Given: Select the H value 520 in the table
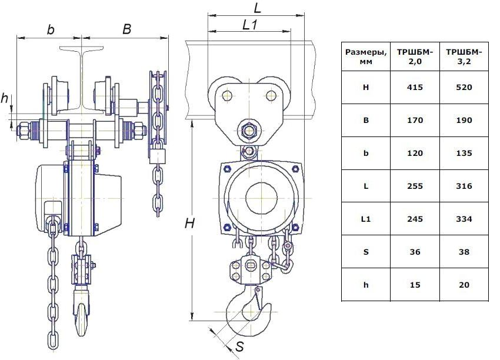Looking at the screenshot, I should (464, 88).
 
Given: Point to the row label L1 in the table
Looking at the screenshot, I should (366, 219).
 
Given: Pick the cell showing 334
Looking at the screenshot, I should (464, 219).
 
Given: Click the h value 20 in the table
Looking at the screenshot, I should (464, 285).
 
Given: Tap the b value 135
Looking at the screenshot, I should (464, 154).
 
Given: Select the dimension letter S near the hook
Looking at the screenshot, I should (239, 347).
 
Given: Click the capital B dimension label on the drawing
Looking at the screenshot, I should (126, 29).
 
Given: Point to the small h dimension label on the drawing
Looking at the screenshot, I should (5, 99).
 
